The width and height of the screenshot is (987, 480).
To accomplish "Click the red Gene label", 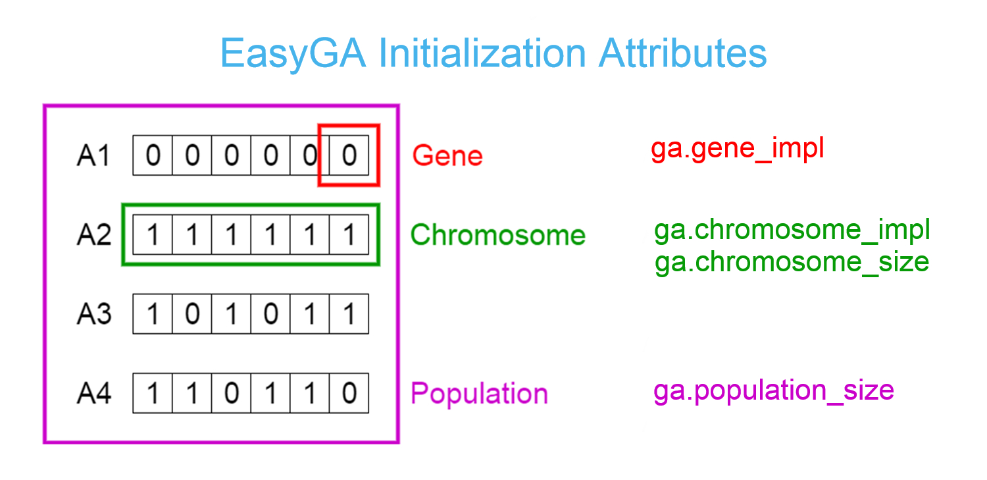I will [447, 156].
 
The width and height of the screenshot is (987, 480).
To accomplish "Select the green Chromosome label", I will [497, 235].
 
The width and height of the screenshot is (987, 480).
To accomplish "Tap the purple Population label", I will [479, 394].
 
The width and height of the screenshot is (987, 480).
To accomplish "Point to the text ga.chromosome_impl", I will [792, 230].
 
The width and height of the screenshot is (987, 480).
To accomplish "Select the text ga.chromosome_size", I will [792, 262].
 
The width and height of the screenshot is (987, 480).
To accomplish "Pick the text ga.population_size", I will [773, 390].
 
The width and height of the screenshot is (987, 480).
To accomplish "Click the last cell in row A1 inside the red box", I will [349, 156].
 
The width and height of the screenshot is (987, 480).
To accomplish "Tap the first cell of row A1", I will [153, 156].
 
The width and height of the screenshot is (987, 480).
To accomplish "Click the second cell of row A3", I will [191, 314].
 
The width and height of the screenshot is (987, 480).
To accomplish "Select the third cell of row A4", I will [231, 393].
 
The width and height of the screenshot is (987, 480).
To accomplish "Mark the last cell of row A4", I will [349, 393].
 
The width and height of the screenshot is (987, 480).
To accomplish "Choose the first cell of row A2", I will [153, 235].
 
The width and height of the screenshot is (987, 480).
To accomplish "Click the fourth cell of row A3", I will [270, 314].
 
